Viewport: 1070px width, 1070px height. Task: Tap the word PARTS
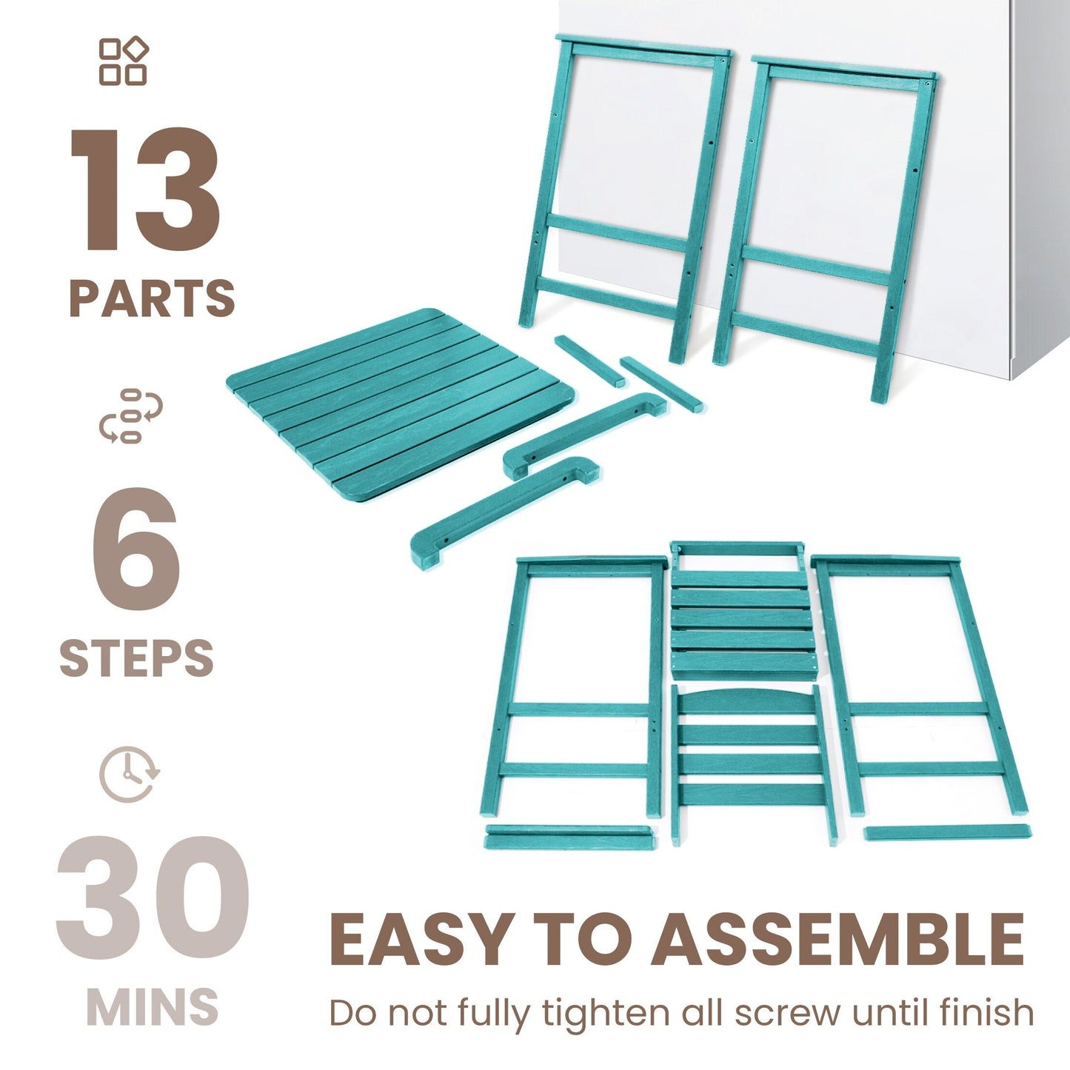pyautogui.click(x=152, y=298)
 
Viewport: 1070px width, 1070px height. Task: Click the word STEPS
pyautogui.click(x=136, y=658)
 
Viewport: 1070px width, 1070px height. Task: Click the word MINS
pyautogui.click(x=153, y=1006)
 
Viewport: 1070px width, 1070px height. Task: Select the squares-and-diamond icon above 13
pyautogui.click(x=124, y=61)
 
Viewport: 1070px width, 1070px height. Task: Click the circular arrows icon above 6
pyautogui.click(x=131, y=416)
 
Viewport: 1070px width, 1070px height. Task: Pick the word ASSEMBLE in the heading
pyautogui.click(x=837, y=940)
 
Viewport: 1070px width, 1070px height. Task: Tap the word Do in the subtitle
pyautogui.click(x=352, y=1012)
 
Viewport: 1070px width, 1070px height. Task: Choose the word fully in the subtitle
pyautogui.click(x=492, y=1013)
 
